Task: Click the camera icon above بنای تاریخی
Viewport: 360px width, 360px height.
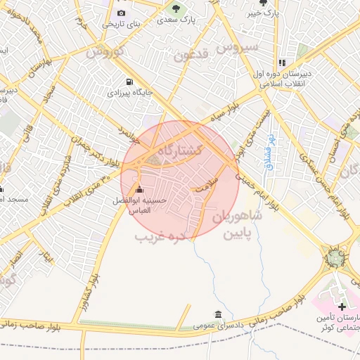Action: pyautogui.click(x=121, y=13)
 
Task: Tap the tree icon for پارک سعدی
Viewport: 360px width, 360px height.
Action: pyautogui.click(x=176, y=9)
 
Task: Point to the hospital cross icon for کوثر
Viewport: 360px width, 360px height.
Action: pyautogui.click(x=342, y=307)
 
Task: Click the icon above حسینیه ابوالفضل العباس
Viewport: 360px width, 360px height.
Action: pyautogui.click(x=139, y=190)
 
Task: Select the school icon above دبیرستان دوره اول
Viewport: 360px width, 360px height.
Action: pyautogui.click(x=282, y=62)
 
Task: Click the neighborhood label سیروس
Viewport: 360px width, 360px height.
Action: pyautogui.click(x=238, y=47)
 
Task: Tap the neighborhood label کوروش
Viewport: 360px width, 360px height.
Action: pyautogui.click(x=105, y=51)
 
